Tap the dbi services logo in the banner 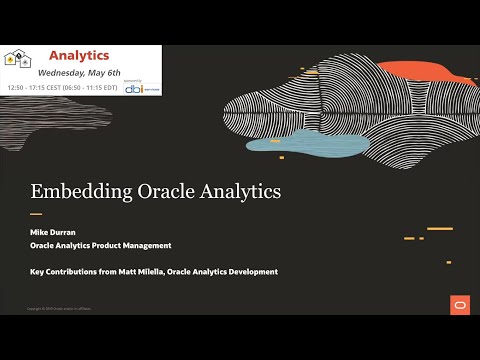(x=140, y=85)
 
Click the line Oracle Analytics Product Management (x=101, y=245)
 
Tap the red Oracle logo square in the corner (x=459, y=305)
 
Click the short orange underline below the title (x=36, y=213)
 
